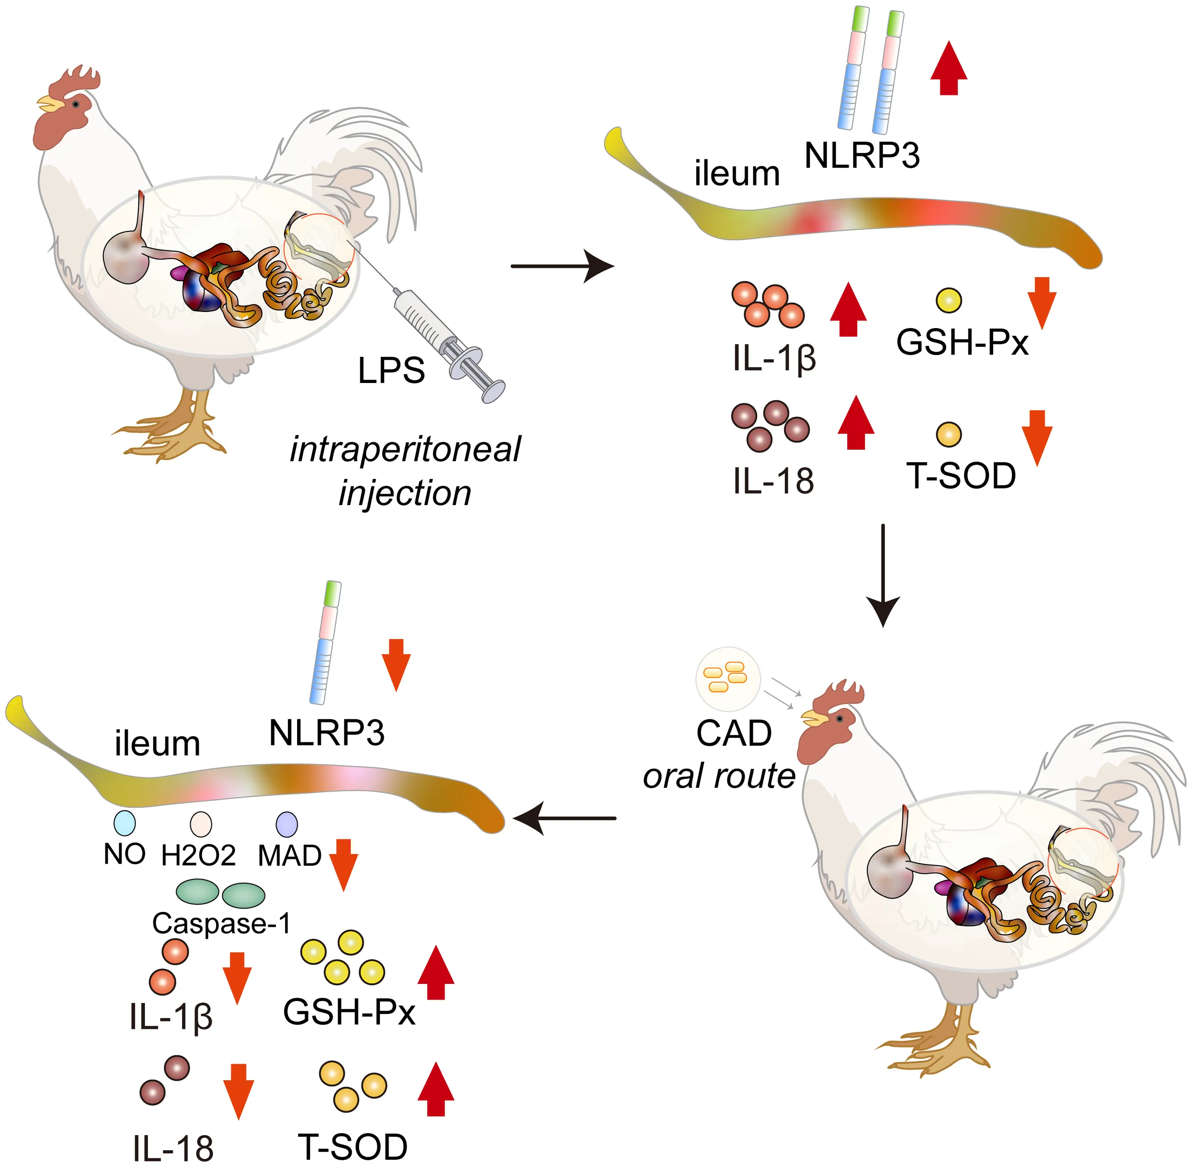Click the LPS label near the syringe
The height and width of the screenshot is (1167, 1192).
click(391, 371)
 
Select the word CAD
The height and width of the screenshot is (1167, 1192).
click(734, 733)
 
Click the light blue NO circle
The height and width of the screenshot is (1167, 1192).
click(125, 823)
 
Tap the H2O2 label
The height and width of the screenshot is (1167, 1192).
click(198, 856)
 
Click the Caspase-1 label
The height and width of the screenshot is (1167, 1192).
click(221, 923)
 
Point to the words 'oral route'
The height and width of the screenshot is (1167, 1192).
click(719, 776)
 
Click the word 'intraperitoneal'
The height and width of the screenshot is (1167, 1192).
click(405, 449)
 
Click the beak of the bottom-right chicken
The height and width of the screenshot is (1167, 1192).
click(813, 718)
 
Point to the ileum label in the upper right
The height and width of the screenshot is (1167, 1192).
click(737, 174)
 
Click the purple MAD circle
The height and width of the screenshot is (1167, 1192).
click(287, 825)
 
